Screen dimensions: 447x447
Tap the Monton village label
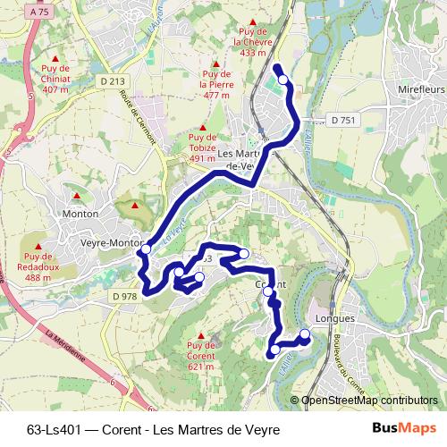(x=80, y=214)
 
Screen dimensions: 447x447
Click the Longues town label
(x=336, y=317)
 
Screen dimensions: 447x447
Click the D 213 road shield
(x=113, y=80)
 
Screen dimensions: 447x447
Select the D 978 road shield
(x=124, y=295)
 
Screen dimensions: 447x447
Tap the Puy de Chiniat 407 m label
(x=55, y=78)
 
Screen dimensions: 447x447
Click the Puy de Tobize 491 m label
(x=203, y=148)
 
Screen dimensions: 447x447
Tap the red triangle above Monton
(x=78, y=195)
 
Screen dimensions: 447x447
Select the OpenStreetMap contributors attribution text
(x=368, y=401)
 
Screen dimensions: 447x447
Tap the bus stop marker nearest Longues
(x=304, y=335)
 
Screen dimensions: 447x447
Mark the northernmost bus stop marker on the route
(x=283, y=80)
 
